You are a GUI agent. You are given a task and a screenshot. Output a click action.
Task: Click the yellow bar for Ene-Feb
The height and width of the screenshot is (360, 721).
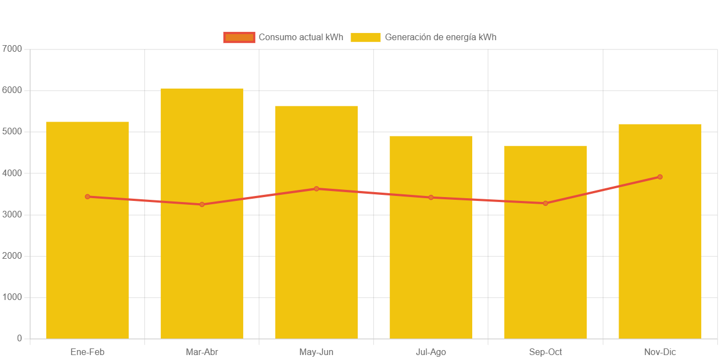(88, 264)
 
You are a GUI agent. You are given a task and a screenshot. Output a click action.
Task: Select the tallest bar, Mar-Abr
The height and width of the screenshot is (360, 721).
(202, 264)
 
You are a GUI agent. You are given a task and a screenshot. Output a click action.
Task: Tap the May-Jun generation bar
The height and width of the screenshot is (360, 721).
(316, 264)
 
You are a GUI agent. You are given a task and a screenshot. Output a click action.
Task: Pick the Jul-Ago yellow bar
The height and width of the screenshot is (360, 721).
(431, 264)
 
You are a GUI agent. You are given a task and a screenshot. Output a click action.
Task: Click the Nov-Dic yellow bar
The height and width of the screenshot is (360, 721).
(660, 264)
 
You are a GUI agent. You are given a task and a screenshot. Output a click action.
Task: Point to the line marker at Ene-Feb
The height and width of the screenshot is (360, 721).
(88, 197)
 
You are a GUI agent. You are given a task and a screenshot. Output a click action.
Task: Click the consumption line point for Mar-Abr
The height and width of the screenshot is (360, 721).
(202, 204)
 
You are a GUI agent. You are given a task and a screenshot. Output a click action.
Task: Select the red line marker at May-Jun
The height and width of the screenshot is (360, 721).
(316, 189)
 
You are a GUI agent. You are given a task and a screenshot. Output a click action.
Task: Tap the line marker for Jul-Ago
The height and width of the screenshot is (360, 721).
(431, 197)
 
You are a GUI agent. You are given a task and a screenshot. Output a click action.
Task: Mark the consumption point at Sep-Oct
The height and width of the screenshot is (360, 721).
(545, 203)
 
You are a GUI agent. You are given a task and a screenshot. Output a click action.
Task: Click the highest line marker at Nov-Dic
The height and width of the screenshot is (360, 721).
(660, 177)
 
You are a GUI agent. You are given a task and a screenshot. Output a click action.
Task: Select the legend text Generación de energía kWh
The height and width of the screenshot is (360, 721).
(440, 37)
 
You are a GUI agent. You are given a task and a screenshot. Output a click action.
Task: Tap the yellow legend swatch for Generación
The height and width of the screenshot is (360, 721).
(366, 37)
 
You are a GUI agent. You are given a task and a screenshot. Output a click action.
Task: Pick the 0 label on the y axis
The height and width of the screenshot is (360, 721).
(19, 338)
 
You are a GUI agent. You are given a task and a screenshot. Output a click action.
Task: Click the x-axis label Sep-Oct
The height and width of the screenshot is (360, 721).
(545, 352)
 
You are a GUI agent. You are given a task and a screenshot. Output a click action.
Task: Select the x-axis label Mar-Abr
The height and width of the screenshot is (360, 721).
(202, 352)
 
